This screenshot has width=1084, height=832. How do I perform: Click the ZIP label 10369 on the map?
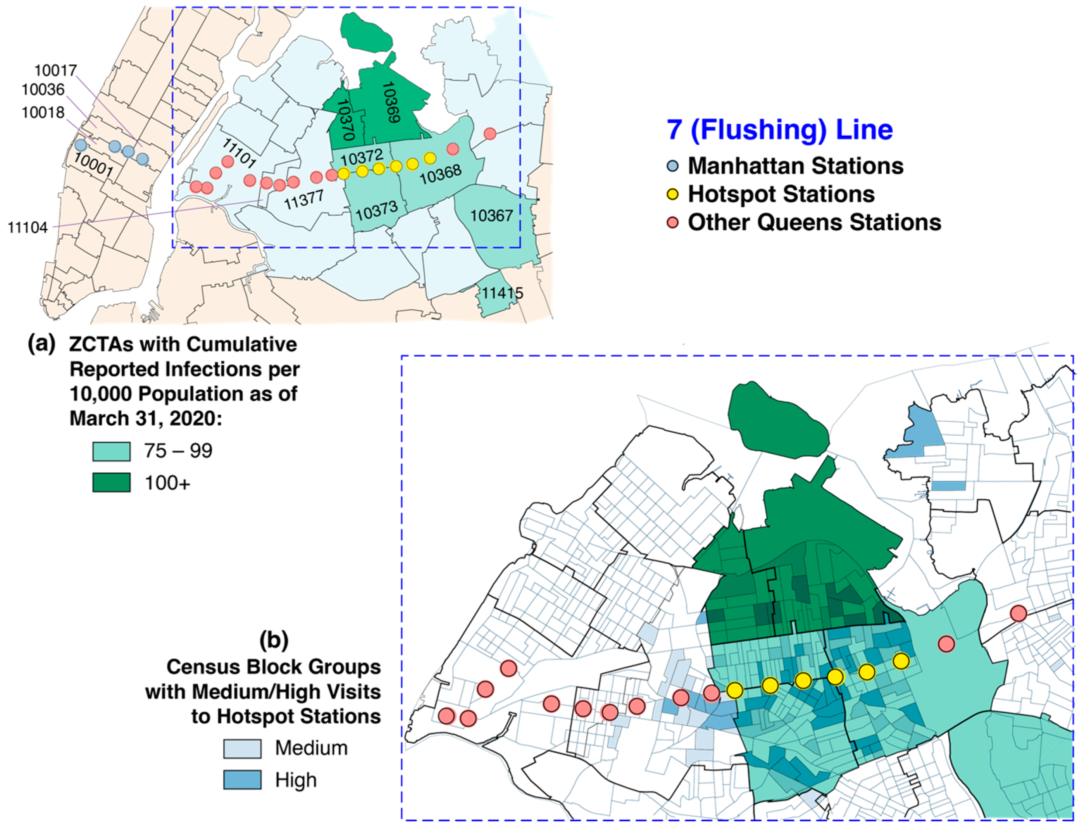tap(391, 102)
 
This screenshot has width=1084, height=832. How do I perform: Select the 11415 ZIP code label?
tap(502, 293)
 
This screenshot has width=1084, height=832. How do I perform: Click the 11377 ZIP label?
tap(303, 200)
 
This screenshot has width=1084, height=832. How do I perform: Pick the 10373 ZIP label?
tap(376, 211)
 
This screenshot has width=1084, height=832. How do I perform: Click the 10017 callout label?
tap(55, 70)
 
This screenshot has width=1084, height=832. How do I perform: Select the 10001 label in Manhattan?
tap(93, 164)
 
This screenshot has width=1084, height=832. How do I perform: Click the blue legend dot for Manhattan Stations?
tap(672, 166)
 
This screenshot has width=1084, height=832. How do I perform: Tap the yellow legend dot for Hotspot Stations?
tap(672, 194)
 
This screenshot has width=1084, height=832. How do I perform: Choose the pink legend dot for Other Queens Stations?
tap(672, 223)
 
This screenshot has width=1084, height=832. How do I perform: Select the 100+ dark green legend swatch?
tap(111, 482)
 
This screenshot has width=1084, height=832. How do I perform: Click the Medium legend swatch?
tap(242, 748)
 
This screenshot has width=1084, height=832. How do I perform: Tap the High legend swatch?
tap(242, 780)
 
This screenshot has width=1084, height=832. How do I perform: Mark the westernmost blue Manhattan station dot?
tap(81, 145)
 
